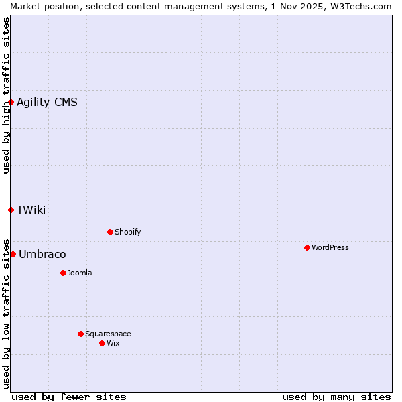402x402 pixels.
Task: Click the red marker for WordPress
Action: click(307, 247)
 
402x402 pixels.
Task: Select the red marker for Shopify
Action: click(110, 232)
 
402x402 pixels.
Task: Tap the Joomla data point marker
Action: click(63, 273)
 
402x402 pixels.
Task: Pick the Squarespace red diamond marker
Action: click(80, 334)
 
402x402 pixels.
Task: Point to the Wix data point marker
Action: click(102, 343)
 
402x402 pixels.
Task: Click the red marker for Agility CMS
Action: click(11, 102)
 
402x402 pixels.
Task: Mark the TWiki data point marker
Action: click(11, 210)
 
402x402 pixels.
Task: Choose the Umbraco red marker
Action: click(13, 254)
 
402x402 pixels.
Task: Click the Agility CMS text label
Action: click(47, 102)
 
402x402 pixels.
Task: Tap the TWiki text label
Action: click(31, 210)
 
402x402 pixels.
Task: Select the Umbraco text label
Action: click(42, 254)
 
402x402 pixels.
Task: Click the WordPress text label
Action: click(330, 247)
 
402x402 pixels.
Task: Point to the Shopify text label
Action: click(127, 232)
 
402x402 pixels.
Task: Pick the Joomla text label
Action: click(80, 273)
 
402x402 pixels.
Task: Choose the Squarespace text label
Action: click(108, 334)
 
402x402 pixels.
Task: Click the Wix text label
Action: click(113, 343)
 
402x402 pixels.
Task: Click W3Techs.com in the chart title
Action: click(360, 6)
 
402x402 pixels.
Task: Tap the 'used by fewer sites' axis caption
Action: click(69, 397)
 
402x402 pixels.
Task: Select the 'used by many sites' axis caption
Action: click(336, 397)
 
